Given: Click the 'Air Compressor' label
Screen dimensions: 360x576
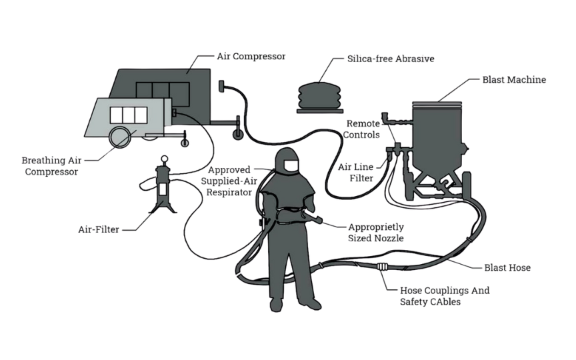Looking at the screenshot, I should click(x=251, y=57).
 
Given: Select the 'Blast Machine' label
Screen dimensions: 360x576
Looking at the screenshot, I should click(x=514, y=79).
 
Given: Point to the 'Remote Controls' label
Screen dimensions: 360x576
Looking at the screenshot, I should click(x=363, y=129).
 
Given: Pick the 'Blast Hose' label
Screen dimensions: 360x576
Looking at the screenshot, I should click(x=507, y=267).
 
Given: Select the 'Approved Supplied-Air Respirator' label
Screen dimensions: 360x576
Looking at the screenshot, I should click(x=227, y=180).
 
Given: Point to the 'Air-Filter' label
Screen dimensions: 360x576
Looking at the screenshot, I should click(x=98, y=229).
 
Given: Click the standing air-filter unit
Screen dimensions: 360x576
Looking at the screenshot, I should click(x=163, y=187).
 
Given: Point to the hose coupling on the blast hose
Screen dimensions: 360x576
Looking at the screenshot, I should click(x=383, y=268).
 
